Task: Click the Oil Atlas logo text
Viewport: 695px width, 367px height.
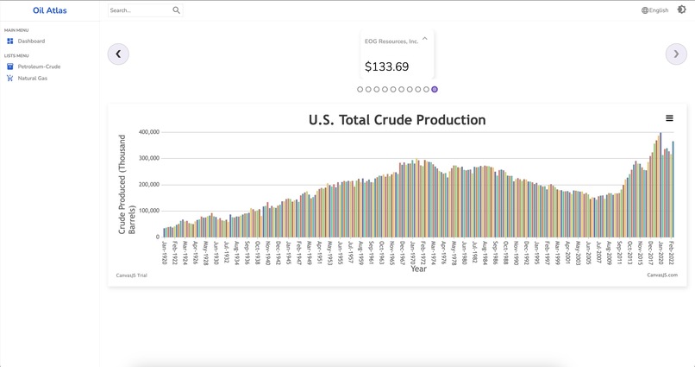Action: click(49, 10)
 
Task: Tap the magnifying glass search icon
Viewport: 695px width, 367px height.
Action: click(177, 10)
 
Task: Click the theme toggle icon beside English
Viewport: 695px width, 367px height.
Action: click(681, 10)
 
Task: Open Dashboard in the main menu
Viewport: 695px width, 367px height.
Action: click(31, 41)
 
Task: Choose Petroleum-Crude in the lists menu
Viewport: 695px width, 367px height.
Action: click(39, 66)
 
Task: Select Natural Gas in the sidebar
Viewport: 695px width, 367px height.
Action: click(32, 79)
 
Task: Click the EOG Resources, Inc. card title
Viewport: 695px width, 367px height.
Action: click(391, 41)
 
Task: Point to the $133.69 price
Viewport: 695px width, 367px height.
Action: click(386, 66)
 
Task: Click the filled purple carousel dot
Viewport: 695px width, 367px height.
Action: click(435, 89)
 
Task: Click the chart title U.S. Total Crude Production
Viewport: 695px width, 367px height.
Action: click(397, 120)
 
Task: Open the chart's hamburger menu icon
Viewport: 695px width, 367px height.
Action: click(669, 118)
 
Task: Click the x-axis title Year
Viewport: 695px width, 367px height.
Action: click(418, 269)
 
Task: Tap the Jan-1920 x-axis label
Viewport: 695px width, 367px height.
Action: click(164, 251)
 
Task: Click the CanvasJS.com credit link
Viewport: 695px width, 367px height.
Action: click(662, 275)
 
